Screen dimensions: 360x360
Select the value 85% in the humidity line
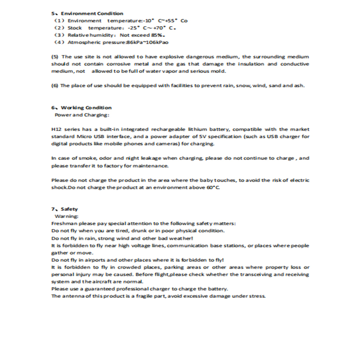click(156, 35)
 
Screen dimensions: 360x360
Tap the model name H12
click(56, 129)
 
